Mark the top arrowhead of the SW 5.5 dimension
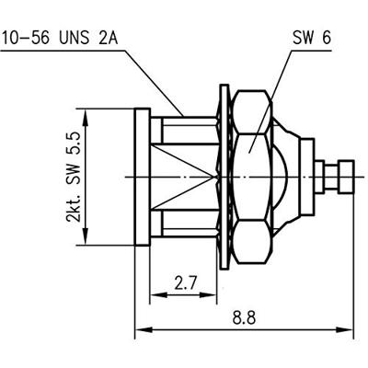pyautogui.click(x=85, y=113)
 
